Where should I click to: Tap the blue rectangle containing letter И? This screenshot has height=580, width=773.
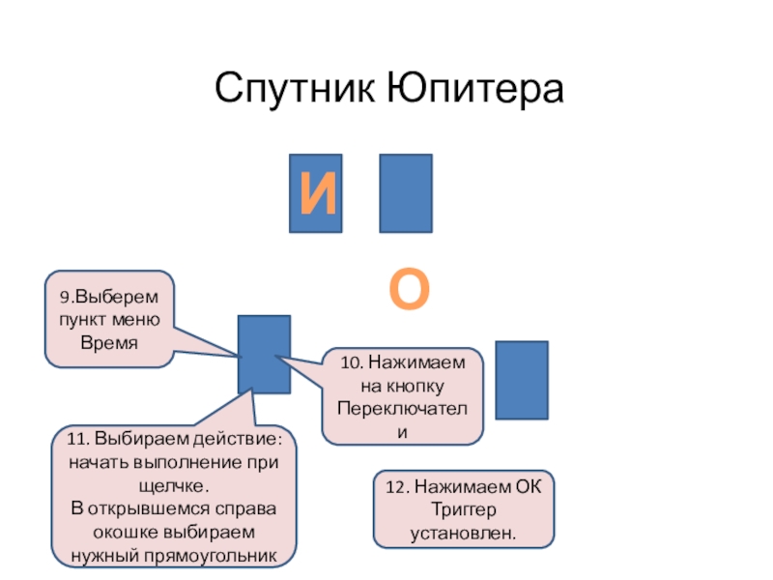[316, 193]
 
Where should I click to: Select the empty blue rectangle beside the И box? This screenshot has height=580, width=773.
[406, 193]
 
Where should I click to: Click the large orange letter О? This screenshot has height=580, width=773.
[409, 290]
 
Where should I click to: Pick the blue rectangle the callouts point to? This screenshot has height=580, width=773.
[264, 354]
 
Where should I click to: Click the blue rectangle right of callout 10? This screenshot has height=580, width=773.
[521, 380]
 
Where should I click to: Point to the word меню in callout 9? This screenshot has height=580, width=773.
[140, 320]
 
